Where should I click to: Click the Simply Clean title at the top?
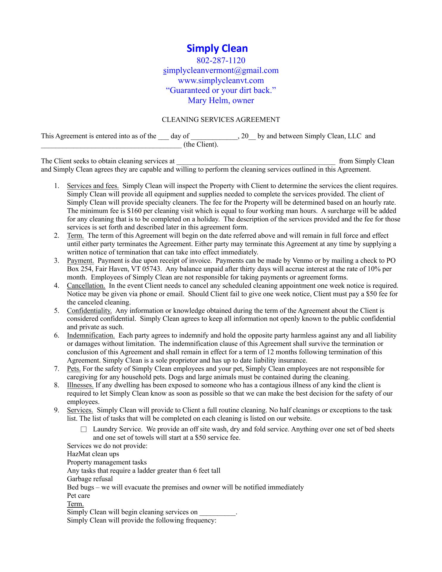217,49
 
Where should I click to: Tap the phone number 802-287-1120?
221,60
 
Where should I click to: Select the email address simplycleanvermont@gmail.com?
221,71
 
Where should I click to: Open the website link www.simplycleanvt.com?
221,80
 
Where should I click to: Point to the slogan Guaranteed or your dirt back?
221,90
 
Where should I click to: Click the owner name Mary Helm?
221,100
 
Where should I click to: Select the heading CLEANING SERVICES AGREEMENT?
221,120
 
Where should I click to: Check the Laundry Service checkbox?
83,430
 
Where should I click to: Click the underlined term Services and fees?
93,186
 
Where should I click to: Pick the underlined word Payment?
80,261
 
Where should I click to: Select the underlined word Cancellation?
86,286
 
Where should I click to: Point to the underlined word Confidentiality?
89,311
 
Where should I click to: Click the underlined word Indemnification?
91,335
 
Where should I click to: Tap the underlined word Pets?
74,369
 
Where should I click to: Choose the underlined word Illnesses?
80,385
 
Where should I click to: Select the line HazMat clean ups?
93,454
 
